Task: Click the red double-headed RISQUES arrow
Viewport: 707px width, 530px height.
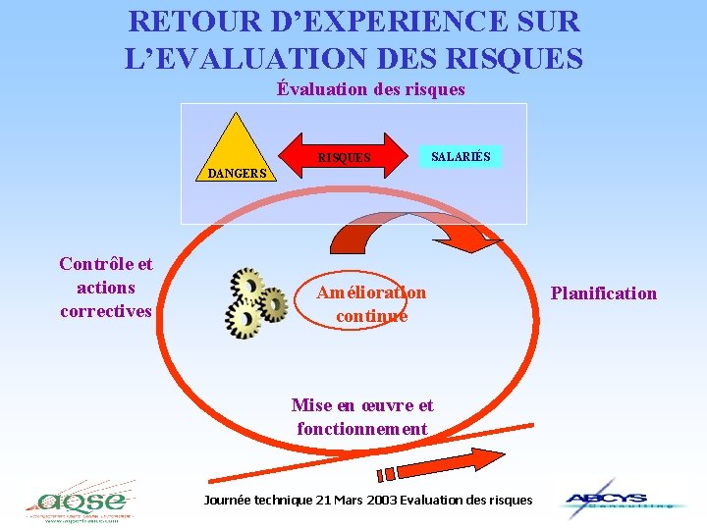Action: (345, 157)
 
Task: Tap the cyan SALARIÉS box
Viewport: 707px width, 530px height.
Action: (462, 155)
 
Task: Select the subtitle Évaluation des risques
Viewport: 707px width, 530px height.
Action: (371, 89)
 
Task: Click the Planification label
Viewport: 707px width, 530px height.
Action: (603, 292)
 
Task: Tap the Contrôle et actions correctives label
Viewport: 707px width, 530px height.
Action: (106, 288)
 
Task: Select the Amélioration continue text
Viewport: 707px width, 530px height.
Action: (371, 304)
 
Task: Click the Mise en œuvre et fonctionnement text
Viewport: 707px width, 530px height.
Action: (362, 417)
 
